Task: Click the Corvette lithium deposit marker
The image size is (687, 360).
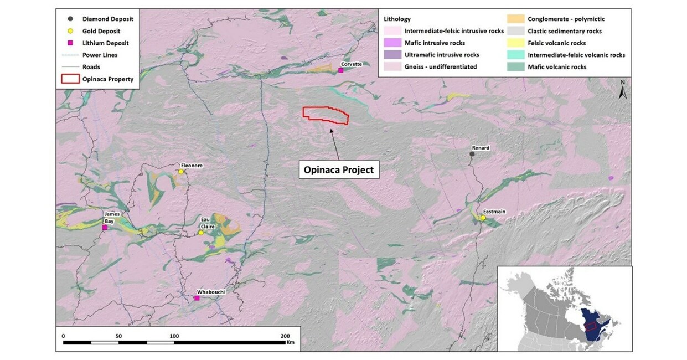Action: coord(340,70)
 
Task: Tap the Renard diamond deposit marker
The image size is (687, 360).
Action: coord(472,154)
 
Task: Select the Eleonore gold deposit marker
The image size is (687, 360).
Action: coord(181,172)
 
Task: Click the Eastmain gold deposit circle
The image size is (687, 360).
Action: coord(483,218)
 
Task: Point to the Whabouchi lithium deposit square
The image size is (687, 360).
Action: coord(197,298)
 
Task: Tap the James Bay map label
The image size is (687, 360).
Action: coord(109,217)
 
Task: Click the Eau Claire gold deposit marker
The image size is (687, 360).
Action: coord(201,233)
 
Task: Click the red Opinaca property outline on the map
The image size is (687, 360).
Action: coord(326,114)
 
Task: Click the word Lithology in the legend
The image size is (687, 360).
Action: coord(397,19)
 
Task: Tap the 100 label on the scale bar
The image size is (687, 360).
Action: coord(174,336)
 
